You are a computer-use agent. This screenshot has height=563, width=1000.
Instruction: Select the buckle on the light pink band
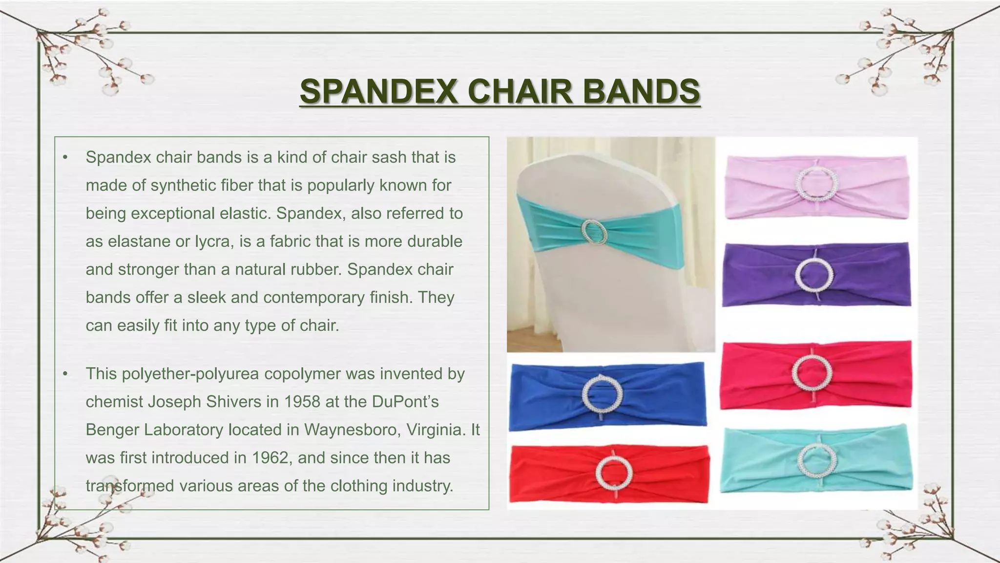click(817, 184)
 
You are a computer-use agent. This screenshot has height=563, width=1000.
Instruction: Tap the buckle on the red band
click(614, 473)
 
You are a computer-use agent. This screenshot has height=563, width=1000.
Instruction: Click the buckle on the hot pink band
click(812, 373)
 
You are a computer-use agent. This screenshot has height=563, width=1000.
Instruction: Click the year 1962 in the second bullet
click(271, 458)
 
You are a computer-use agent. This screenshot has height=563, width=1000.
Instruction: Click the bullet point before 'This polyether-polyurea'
click(65, 374)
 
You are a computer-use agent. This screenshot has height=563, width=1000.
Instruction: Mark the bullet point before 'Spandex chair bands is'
click(65, 158)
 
